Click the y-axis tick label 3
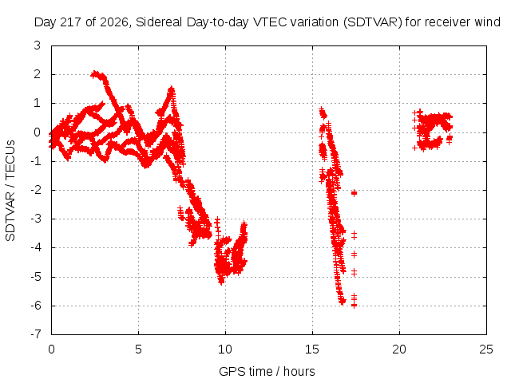pos(38,45)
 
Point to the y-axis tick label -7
pos(36,334)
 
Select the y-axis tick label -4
pos(36,247)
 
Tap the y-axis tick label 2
pos(38,74)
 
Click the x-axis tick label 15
pos(312,349)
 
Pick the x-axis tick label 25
pos(486,349)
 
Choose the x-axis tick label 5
pos(138,349)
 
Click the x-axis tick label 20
pos(399,349)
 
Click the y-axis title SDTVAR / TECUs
pos(10,191)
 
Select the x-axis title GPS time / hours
pos(267,371)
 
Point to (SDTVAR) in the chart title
pos(373,22)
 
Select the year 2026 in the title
pos(113,22)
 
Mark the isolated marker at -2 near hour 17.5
pos(354,193)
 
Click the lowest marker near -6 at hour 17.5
pos(354,306)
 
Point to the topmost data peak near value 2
pos(95,73)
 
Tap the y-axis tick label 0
pos(38,132)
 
